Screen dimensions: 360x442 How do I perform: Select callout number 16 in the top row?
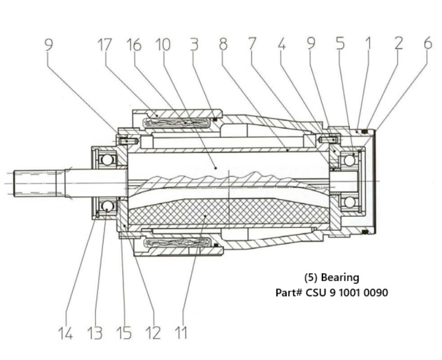(133, 45)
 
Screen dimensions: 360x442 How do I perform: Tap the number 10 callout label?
(162, 45)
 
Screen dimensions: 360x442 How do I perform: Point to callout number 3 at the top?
(194, 45)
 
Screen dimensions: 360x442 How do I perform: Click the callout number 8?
(223, 45)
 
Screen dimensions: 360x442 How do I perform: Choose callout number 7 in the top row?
(252, 45)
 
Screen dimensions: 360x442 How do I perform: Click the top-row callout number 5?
(340, 44)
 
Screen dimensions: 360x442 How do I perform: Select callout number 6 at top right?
(427, 44)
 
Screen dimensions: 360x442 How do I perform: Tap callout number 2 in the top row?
(399, 44)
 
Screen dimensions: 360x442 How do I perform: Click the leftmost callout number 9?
(48, 45)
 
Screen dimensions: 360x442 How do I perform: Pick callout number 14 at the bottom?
(66, 333)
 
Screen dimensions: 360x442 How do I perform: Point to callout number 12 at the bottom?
(153, 333)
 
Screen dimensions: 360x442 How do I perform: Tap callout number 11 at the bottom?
(181, 333)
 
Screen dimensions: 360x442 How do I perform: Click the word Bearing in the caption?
(340, 278)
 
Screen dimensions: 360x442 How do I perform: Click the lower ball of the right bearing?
(349, 201)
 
